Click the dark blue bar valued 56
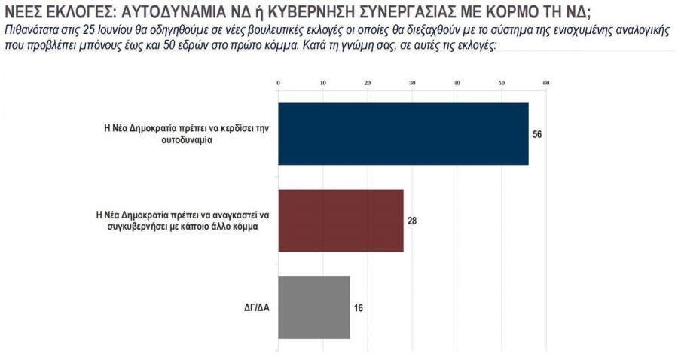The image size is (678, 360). pos(403,133)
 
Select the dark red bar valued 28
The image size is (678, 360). pos(341,220)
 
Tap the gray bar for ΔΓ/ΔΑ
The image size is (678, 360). pos(314,307)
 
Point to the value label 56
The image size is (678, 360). pos(537,134)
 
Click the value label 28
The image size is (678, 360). pos(412,221)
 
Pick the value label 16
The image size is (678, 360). pos(359,308)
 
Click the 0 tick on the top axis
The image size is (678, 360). pos(279,83)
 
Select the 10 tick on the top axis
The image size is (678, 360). pos(323,83)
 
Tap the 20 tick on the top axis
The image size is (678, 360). pos(368,83)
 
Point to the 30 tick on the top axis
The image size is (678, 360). pos(412,83)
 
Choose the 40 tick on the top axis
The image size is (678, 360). pos(457,83)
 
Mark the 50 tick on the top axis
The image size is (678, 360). pos(501,83)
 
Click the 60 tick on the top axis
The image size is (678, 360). pos(545,83)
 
